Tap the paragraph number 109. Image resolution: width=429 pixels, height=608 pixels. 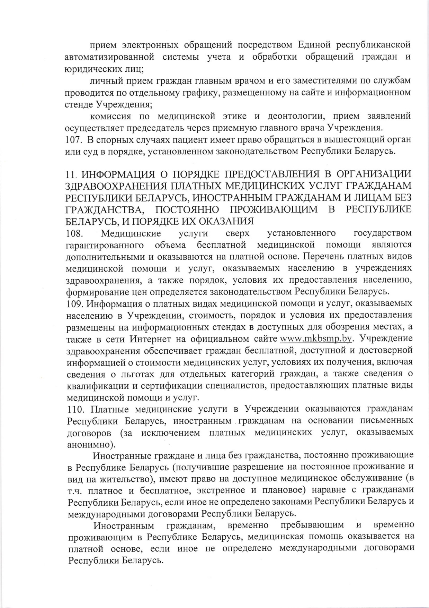74,303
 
